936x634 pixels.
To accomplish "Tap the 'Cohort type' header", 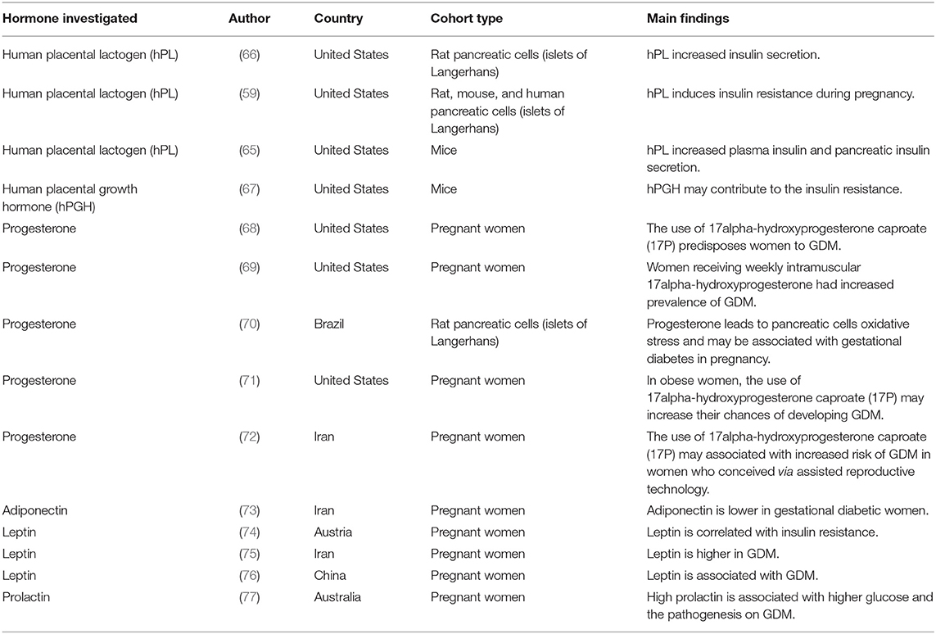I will (467, 17).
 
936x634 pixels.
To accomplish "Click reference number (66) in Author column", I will (250, 55).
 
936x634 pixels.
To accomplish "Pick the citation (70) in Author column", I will (250, 324).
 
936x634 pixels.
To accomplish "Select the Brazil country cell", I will (330, 324).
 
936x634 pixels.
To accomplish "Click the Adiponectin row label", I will (35, 510).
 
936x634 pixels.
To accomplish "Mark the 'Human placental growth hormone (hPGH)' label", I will (70, 197).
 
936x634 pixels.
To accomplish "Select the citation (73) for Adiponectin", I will (250, 510).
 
